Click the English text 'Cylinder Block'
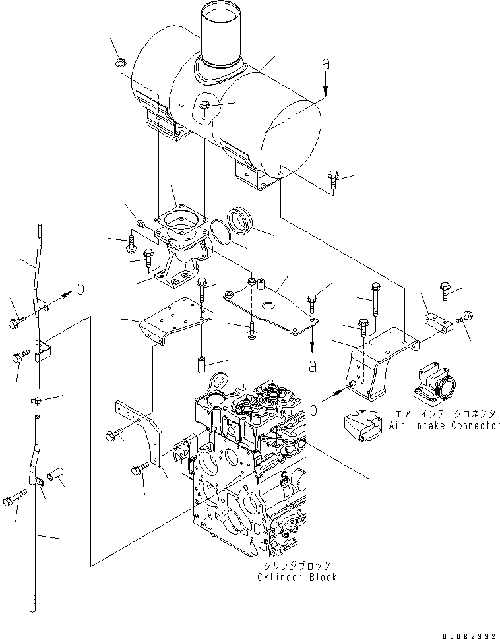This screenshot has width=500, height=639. pos(297,577)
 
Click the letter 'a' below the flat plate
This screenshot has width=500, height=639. pos(313,364)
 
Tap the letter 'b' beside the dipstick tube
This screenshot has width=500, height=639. pos(79,288)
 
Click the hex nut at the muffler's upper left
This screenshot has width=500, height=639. pos(121,63)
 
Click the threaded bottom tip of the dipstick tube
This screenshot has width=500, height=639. pos(32,603)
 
